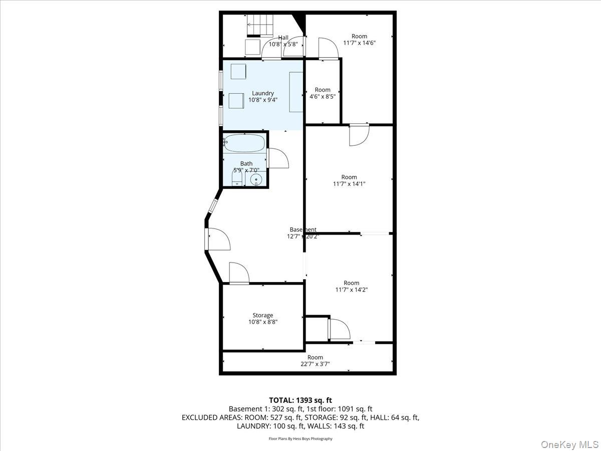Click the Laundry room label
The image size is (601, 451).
262,93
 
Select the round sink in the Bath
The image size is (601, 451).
256,179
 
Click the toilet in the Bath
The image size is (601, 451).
237,177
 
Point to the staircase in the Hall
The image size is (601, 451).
260,25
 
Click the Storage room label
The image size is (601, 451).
262,315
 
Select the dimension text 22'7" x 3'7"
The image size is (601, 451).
315,364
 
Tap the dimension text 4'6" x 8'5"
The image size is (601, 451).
323,97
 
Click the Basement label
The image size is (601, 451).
303,230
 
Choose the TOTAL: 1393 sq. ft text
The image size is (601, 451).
300,400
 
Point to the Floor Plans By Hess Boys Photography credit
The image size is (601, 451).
300,438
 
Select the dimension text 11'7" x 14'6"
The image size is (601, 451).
359,43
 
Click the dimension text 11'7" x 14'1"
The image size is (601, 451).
349,184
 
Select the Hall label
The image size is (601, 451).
283,37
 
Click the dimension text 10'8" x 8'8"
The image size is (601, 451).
262,322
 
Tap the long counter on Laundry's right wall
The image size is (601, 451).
295,92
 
